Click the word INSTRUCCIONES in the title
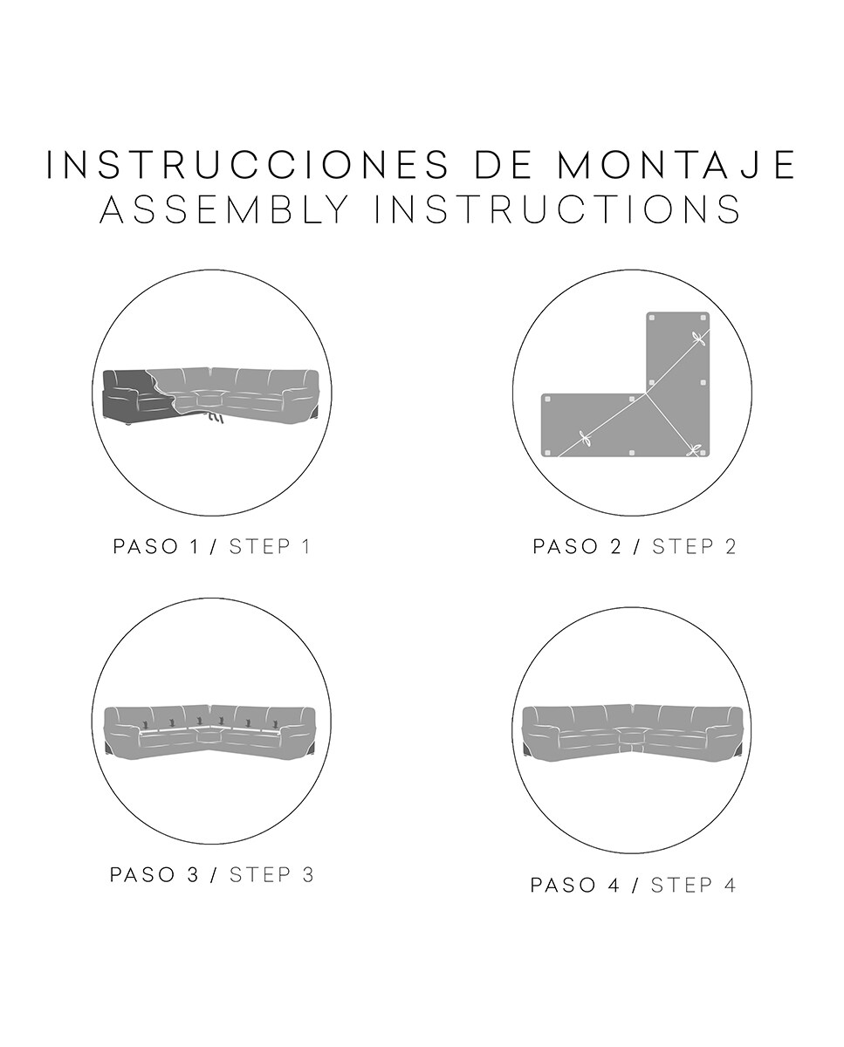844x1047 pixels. coord(248,165)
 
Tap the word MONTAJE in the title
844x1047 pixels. coord(677,165)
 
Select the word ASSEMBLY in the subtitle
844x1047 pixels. coord(225,209)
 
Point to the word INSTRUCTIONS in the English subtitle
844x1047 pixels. coord(559,209)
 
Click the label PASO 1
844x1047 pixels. coord(156,546)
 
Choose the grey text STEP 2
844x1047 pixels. coord(694,546)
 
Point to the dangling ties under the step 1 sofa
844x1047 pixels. coord(213,417)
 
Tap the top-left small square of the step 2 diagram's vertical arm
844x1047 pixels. coord(653,318)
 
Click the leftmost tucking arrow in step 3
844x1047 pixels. coord(145,723)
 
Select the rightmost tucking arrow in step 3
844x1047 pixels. coord(278,723)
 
